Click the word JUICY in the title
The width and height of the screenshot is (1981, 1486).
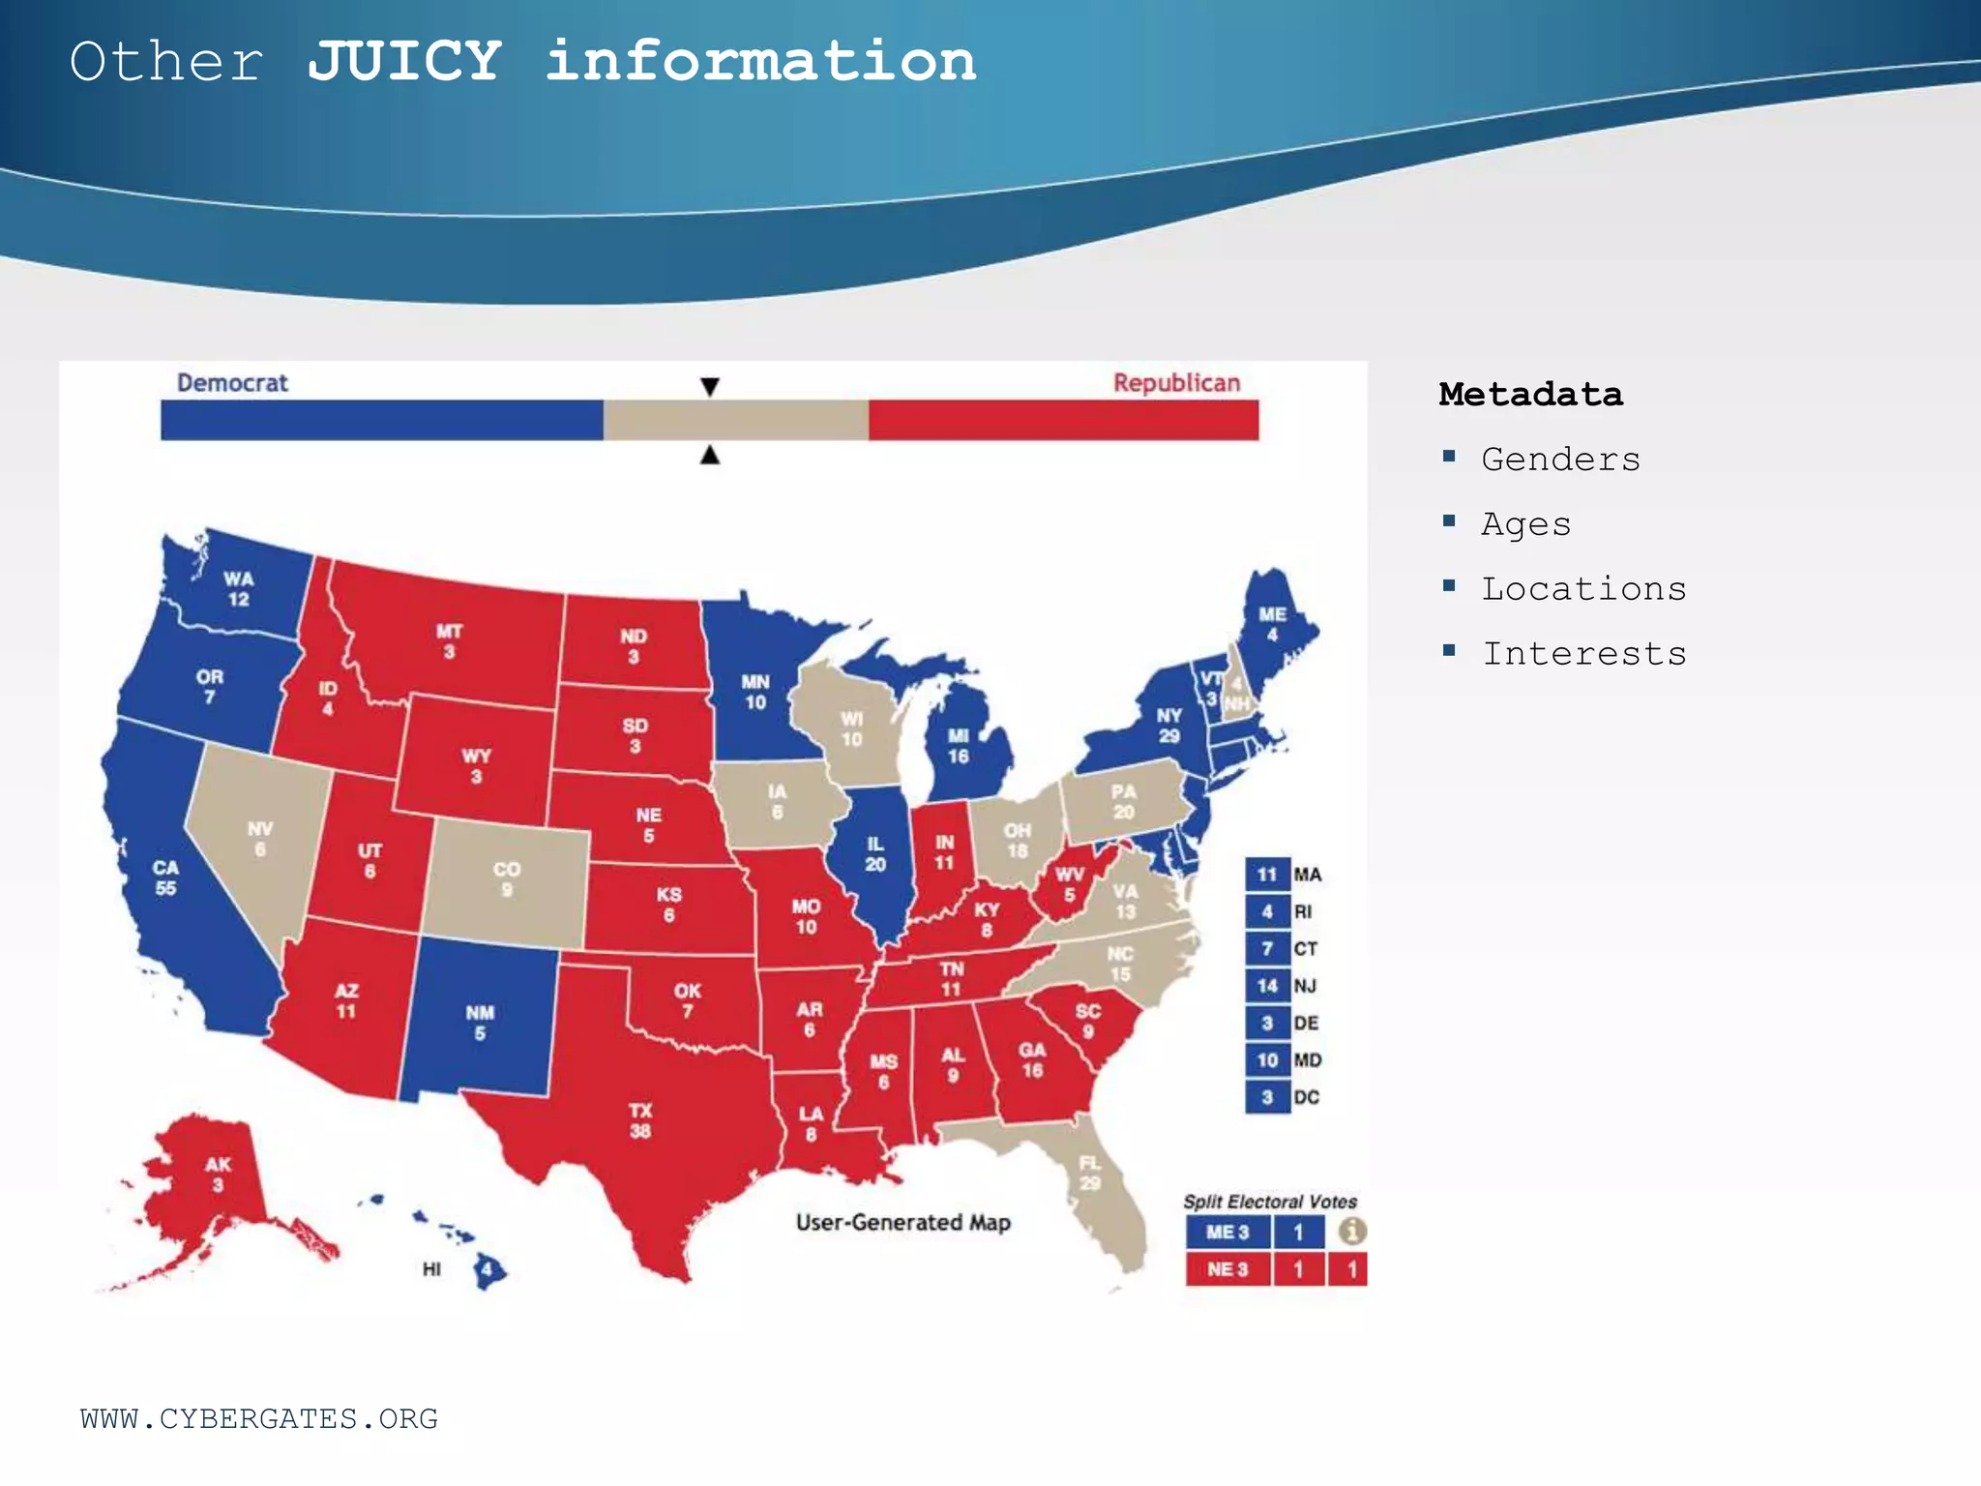pyautogui.click(x=404, y=62)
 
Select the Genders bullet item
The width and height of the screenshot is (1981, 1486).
pyautogui.click(x=1560, y=459)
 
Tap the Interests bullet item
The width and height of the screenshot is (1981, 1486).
pyautogui.click(x=1583, y=654)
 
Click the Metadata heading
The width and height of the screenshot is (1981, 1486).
pyautogui.click(x=1530, y=395)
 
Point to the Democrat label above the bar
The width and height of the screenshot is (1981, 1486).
pyautogui.click(x=232, y=383)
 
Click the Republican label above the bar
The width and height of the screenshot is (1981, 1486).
pyautogui.click(x=1176, y=383)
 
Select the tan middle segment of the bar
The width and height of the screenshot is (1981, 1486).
pyautogui.click(x=735, y=421)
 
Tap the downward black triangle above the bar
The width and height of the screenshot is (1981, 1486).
pyautogui.click(x=710, y=387)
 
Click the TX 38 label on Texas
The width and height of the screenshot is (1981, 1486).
pyautogui.click(x=640, y=1120)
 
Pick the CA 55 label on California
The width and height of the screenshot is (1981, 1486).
pyautogui.click(x=165, y=877)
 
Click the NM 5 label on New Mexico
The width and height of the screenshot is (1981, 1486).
pyautogui.click(x=480, y=1023)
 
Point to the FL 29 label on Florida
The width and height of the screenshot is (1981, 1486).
pyautogui.click(x=1090, y=1173)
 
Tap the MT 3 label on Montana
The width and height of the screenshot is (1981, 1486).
pyautogui.click(x=449, y=641)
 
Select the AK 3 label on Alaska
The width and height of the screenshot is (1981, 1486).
pyautogui.click(x=218, y=1174)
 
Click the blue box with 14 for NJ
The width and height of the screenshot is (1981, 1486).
pyautogui.click(x=1267, y=986)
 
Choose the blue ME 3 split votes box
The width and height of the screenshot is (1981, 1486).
pyautogui.click(x=1227, y=1233)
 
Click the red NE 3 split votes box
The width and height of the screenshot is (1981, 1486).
pyautogui.click(x=1227, y=1269)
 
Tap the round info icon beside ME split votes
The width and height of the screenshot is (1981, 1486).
pyautogui.click(x=1352, y=1232)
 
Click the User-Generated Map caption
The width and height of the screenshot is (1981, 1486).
pyautogui.click(x=902, y=1223)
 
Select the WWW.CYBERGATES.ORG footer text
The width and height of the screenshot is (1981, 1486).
pyautogui.click(x=259, y=1419)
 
